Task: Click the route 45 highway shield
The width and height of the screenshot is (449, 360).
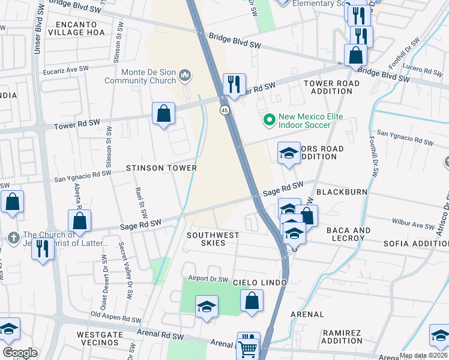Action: click(224, 110)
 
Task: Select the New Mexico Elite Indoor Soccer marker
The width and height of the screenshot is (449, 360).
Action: click(268, 121)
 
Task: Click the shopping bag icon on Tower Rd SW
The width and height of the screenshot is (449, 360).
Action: click(163, 113)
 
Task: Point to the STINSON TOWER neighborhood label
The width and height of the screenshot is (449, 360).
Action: click(161, 168)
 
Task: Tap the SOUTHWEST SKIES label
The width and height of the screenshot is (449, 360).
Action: click(212, 239)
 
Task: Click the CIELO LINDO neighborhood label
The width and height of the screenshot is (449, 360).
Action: click(261, 282)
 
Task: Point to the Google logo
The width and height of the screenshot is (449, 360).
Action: click(20, 353)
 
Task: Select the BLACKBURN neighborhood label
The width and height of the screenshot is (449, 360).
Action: click(340, 192)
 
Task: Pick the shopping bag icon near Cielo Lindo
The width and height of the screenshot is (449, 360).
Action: click(252, 300)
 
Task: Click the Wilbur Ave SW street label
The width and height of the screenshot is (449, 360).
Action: click(412, 227)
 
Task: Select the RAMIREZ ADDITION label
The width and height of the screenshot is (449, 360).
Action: click(342, 337)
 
